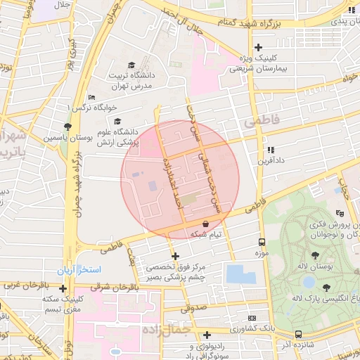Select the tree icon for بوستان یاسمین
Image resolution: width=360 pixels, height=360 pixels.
point(67,127)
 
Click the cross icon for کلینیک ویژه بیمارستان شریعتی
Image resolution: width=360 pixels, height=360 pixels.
point(258,47)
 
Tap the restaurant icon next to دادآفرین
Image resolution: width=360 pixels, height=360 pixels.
point(270,150)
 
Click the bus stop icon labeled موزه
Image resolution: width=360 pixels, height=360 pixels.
point(262,241)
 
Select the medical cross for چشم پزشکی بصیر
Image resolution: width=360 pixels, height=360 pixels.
point(175,256)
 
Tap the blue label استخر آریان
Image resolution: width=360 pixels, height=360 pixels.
point(79,270)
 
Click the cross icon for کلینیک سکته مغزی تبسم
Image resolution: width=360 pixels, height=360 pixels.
point(63,288)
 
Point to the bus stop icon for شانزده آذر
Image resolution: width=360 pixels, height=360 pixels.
point(298,334)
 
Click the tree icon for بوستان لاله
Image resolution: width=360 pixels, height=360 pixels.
point(314,256)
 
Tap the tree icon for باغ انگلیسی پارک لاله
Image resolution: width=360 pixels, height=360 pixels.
point(326,287)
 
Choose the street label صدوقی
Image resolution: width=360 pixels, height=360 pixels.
point(192,308)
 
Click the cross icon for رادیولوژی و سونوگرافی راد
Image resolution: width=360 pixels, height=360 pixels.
point(207,335)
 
